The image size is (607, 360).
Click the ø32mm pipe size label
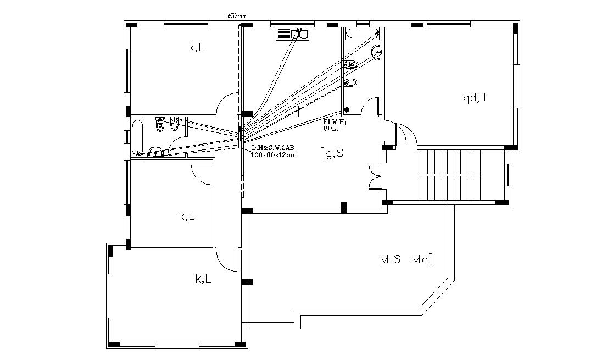[237, 16]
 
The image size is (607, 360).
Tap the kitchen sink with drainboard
[292, 34]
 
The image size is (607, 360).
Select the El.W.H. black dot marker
[347, 110]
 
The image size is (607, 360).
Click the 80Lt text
[331, 128]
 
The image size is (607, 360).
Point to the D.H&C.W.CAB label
[273, 148]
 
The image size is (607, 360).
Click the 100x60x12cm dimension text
[273, 155]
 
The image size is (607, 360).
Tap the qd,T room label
[475, 98]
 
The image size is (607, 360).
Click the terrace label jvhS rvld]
[405, 259]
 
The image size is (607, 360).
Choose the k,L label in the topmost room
[197, 48]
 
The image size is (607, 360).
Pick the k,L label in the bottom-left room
[203, 279]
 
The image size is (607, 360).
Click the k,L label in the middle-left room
[187, 217]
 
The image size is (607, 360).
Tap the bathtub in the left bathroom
[137, 137]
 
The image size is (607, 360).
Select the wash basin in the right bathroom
[377, 53]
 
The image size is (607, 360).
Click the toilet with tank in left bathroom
[160, 125]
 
